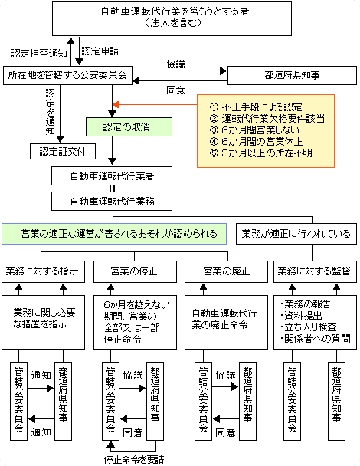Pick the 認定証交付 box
61,149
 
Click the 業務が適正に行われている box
296,232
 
